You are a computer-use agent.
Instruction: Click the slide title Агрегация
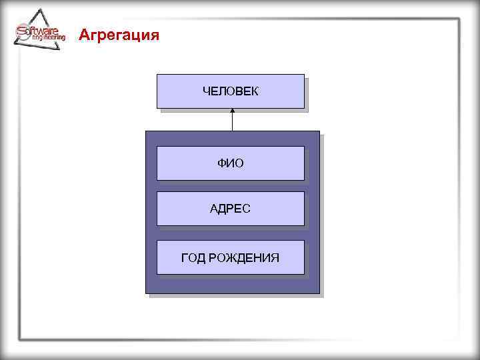[x=119, y=35]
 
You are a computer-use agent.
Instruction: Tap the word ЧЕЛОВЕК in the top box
[x=230, y=90]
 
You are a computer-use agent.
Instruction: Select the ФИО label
[x=230, y=163]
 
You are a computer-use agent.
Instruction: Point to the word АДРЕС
[x=230, y=209]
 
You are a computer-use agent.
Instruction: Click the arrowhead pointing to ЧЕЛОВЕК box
[x=232, y=111]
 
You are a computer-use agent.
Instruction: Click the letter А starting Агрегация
[x=83, y=35]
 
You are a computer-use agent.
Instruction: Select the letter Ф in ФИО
[x=221, y=163]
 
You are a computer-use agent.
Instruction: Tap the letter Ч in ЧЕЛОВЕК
[x=205, y=90]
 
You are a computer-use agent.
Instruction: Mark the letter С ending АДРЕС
[x=247, y=209]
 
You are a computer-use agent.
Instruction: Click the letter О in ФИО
[x=239, y=163]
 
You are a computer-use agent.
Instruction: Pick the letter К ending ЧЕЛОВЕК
[x=255, y=90]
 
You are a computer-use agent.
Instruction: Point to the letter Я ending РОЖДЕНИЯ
[x=275, y=257]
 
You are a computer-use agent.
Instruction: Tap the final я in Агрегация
[x=155, y=35]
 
